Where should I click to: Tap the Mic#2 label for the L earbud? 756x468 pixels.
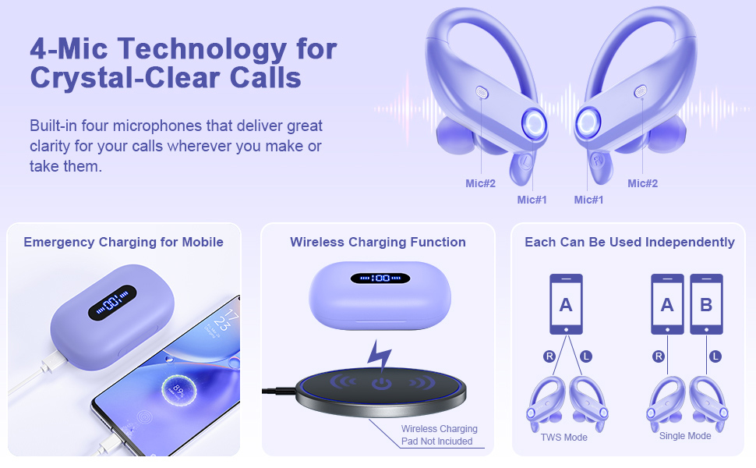tap(480, 183)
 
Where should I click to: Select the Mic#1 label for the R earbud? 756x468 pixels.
tap(588, 200)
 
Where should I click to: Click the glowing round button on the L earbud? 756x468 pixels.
tap(534, 122)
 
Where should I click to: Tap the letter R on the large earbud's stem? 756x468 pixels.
tap(597, 161)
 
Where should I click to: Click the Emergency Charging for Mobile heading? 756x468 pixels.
tap(123, 242)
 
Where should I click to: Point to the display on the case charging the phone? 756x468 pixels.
tap(112, 303)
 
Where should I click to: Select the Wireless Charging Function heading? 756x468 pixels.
tap(378, 242)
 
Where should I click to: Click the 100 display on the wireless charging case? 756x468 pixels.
tap(380, 278)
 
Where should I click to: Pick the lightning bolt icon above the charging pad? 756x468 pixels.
tap(380, 356)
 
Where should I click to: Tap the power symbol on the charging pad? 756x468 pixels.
tap(381, 384)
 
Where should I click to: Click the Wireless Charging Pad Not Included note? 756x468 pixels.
tap(439, 434)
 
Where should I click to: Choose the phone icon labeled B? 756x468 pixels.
tap(706, 304)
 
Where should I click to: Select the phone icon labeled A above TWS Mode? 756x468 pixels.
tap(566, 304)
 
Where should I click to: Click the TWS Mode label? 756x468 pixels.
tap(564, 437)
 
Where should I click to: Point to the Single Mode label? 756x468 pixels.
tap(685, 436)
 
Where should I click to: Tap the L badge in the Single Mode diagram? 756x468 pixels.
tap(715, 356)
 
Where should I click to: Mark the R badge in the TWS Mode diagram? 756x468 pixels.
tap(549, 356)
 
